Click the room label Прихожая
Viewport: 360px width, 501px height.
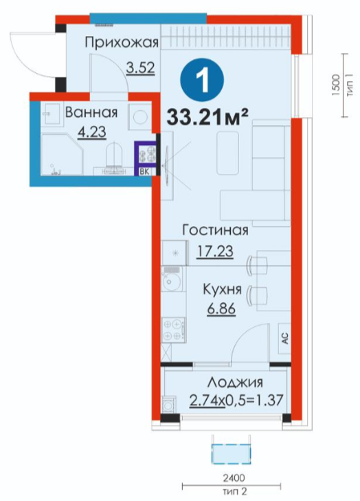pos(122,42)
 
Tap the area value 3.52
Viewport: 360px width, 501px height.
pos(140,67)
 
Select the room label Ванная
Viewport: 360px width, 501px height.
pos(91,112)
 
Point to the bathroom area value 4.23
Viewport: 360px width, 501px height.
pos(91,131)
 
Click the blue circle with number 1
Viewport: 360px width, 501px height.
pos(202,80)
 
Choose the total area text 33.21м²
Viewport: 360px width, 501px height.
pos(208,116)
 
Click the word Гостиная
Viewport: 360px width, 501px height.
pos(215,230)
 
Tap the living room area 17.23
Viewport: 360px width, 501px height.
pos(215,251)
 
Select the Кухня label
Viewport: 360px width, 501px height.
pos(222,290)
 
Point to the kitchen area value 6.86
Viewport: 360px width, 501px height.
pos(221,309)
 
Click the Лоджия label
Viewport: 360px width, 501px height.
pos(235,382)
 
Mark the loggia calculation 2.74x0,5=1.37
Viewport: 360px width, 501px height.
pos(237,400)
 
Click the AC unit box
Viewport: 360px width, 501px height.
pos(284,338)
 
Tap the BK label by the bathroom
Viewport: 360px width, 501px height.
pos(145,172)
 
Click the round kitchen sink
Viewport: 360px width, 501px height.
pos(172,281)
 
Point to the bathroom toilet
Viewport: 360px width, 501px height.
pos(114,156)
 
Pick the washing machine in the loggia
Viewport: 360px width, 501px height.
pos(168,406)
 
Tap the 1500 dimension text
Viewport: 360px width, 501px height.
pos(335,85)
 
